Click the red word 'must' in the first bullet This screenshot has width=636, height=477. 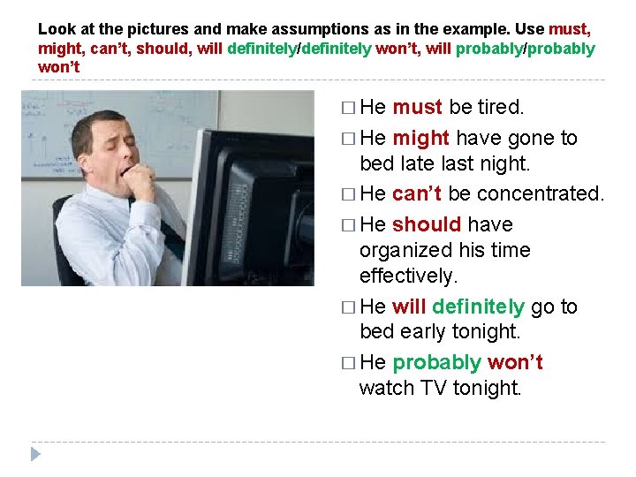[x=417, y=108]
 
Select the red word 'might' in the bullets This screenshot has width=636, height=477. [x=420, y=138]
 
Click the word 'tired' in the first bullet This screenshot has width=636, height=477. [x=501, y=108]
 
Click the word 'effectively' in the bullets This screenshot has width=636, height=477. [x=409, y=276]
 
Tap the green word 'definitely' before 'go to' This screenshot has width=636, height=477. [x=479, y=307]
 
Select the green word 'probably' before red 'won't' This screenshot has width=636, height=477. [x=436, y=362]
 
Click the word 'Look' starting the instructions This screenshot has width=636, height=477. [x=56, y=29]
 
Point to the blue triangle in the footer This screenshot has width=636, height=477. [x=35, y=454]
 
